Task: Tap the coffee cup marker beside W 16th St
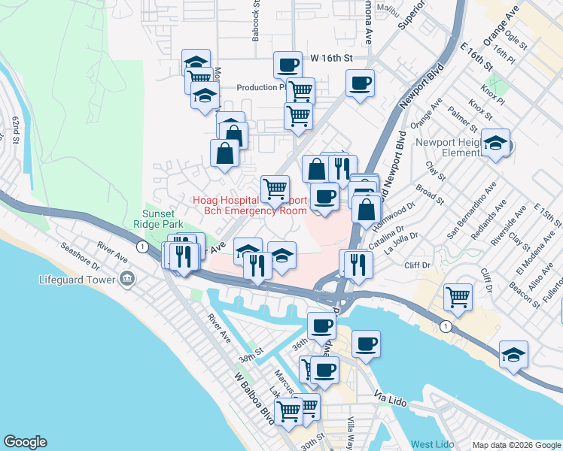tap(287, 65)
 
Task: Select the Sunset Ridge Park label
tap(158, 219)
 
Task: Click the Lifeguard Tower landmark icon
tap(126, 280)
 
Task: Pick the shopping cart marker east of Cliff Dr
tap(457, 297)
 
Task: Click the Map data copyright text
tap(516, 444)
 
